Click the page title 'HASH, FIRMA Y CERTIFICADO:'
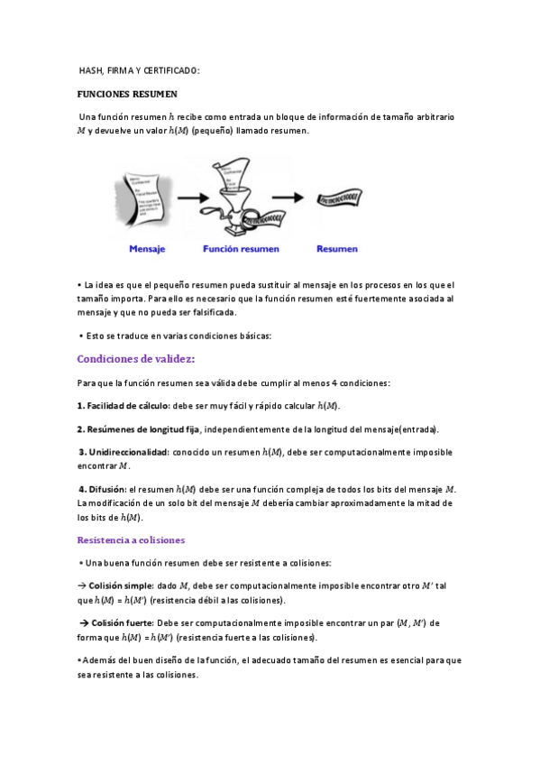[140, 70]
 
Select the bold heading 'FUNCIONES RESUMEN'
[127, 94]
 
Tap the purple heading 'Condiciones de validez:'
[135, 359]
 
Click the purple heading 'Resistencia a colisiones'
[131, 539]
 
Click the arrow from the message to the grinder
[192, 196]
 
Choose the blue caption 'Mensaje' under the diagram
[146, 249]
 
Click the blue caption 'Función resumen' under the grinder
[241, 249]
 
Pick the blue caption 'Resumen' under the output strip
[337, 249]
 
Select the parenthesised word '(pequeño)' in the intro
[212, 131]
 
